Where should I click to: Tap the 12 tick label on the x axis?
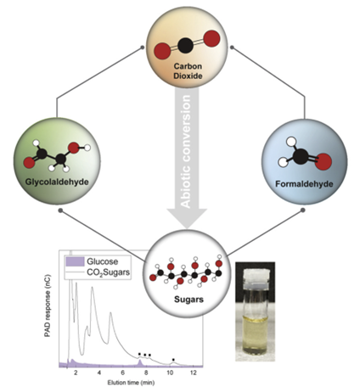coord(195,373)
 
